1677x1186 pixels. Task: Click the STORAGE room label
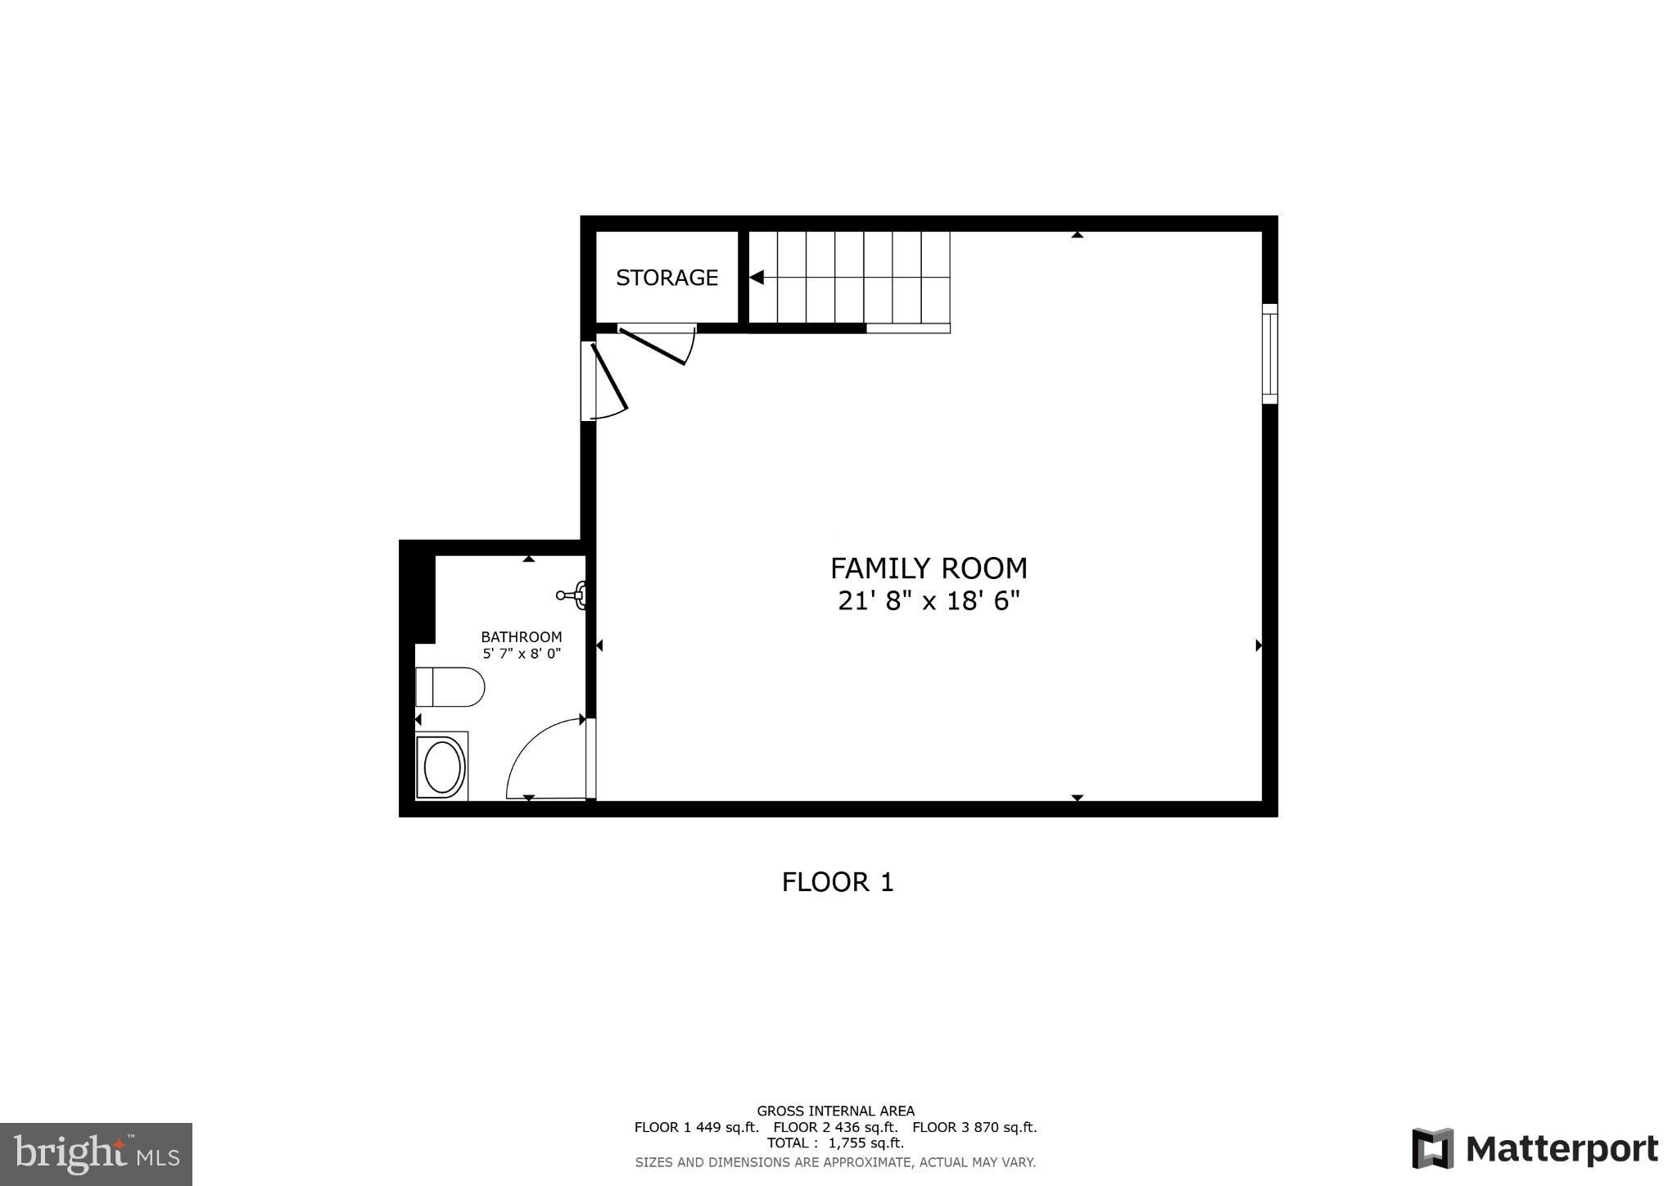(x=667, y=278)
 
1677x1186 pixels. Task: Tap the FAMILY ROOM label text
(x=929, y=568)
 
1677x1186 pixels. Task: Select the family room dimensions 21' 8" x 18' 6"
(x=929, y=601)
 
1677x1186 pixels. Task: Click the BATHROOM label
(x=522, y=636)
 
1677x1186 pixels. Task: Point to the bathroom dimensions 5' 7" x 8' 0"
(x=522, y=654)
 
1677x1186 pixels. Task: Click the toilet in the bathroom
(x=450, y=686)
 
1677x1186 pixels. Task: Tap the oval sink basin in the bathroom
(x=441, y=765)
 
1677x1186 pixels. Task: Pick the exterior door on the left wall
(x=607, y=378)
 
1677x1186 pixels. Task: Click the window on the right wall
(x=1269, y=353)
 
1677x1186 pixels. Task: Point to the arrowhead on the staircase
(x=757, y=278)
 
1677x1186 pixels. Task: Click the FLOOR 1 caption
(x=838, y=882)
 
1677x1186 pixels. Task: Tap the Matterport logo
(x=1535, y=1148)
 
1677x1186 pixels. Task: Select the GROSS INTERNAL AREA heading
(x=835, y=1111)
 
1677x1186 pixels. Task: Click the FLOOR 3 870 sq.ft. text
(x=974, y=1127)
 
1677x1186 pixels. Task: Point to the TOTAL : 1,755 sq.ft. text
(x=835, y=1143)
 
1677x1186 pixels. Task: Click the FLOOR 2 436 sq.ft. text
(x=835, y=1127)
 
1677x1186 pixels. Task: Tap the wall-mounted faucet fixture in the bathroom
(x=572, y=595)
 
